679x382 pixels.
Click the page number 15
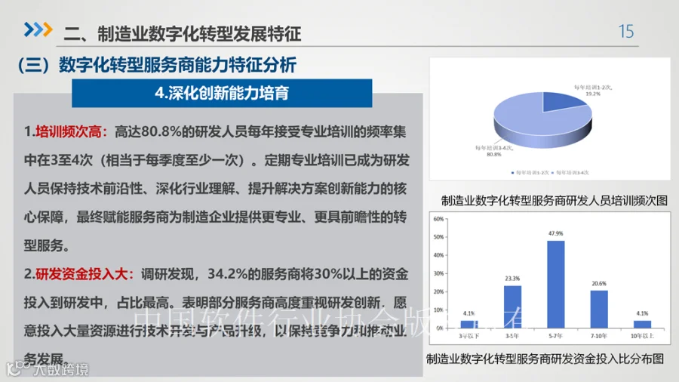pos(626,32)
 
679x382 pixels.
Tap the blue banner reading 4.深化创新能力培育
pos(221,94)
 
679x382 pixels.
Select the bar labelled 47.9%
pos(555,287)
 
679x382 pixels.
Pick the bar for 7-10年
pos(599,313)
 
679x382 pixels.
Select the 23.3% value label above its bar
pos(512,279)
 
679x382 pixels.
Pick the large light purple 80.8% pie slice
pos(536,125)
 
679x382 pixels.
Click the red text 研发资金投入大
pos(78,273)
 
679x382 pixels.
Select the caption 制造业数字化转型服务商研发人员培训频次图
pos(555,201)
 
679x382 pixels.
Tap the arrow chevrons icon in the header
pos(38,30)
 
